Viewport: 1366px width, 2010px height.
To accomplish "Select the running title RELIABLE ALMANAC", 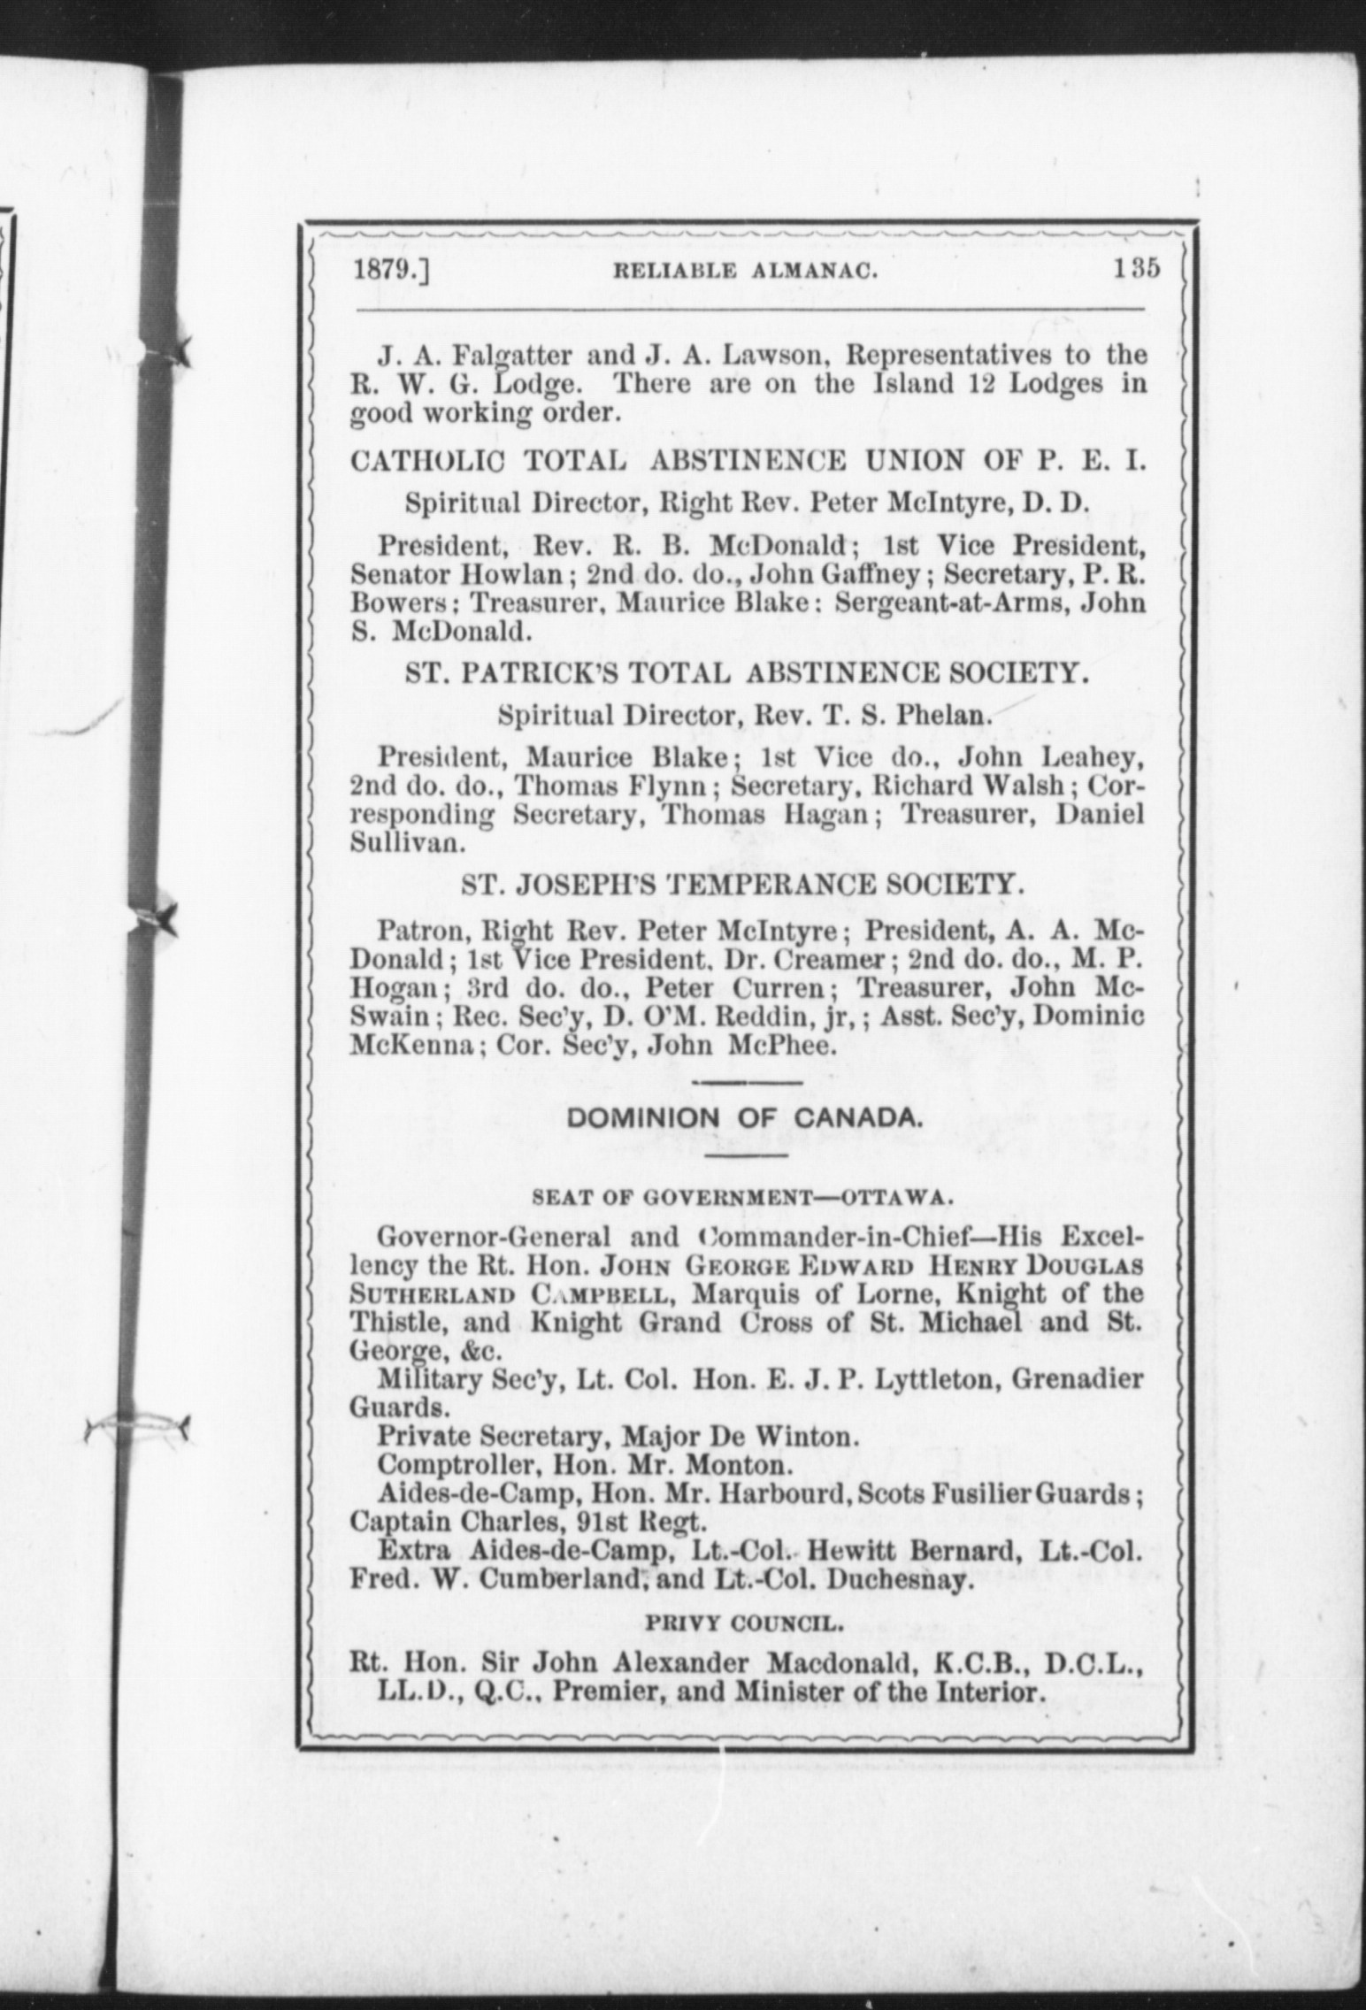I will coord(745,272).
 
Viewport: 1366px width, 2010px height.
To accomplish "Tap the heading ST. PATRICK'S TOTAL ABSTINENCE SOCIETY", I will coord(745,675).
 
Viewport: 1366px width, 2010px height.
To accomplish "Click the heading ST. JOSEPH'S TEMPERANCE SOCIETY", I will coord(744,886).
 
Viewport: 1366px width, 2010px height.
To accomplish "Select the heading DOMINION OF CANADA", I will coord(745,1118).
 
